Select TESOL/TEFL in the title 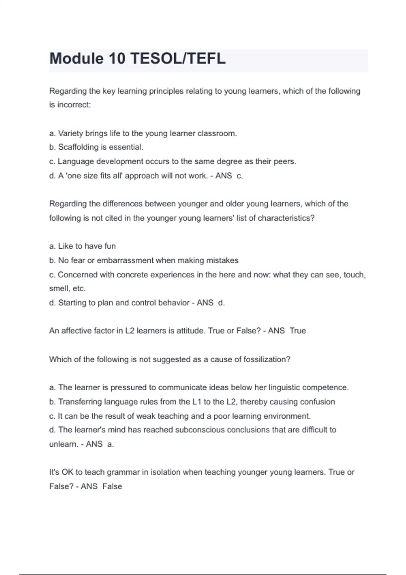click(178, 59)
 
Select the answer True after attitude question click(298, 331)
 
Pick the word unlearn click(63, 444)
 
